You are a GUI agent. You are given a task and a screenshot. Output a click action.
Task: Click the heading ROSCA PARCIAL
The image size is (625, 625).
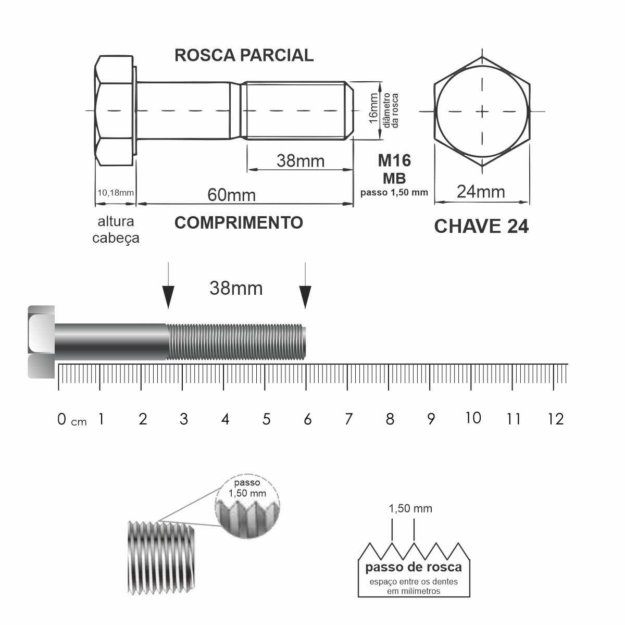[x=244, y=55]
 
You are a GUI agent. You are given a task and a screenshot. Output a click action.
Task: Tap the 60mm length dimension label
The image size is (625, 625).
[x=231, y=195]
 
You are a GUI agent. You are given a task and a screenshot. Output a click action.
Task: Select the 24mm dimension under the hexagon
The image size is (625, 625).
[x=481, y=192]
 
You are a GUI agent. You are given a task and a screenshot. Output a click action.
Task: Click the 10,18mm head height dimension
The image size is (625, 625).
[x=116, y=193]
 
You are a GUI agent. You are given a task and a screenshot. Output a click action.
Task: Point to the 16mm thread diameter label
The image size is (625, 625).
[x=373, y=108]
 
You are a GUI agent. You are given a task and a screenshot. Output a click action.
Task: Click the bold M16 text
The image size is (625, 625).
[x=394, y=160]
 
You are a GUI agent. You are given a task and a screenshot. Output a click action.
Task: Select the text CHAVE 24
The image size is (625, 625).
[x=481, y=227]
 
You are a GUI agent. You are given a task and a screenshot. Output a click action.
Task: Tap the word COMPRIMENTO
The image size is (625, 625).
[x=239, y=223]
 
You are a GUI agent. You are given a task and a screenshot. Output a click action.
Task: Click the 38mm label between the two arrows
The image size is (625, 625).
[x=236, y=288]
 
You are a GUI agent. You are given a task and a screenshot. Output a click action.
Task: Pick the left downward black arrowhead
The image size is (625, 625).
[x=168, y=297]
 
